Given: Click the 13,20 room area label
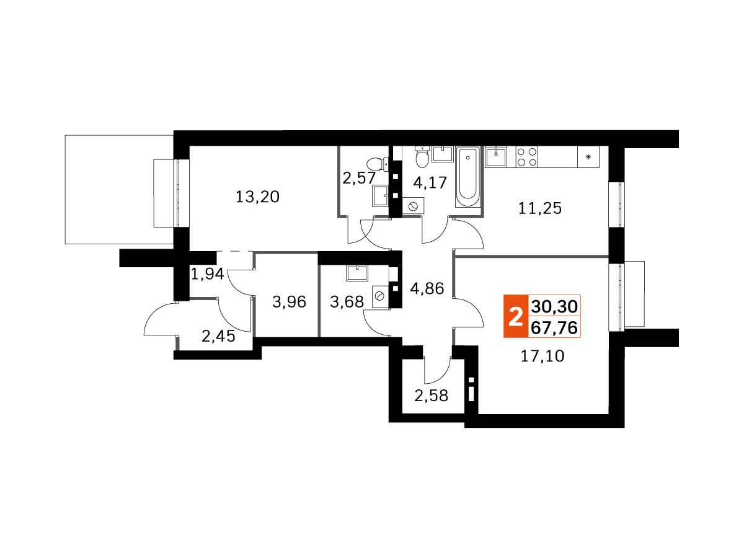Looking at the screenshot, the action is point(257,197).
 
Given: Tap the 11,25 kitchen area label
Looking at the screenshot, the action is point(540,208).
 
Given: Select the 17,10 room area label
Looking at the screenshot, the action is point(542,356).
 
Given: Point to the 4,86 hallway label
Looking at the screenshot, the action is point(427,289).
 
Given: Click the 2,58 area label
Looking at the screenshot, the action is point(431,396).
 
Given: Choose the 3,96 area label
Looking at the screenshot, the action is point(289,302).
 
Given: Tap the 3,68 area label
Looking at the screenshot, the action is point(347,302).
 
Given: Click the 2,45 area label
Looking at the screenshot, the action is point(218,337).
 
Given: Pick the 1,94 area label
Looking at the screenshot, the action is point(208,274).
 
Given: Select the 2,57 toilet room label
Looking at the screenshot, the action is point(358,178).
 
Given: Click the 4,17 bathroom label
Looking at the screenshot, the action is point(430,183).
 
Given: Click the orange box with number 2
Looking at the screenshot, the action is point(516,316).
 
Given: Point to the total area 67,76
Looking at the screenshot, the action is point(554,327).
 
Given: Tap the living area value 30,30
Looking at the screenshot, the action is point(554,307).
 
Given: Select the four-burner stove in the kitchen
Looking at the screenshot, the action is point(528,157).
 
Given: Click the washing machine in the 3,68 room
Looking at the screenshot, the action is point(380,297).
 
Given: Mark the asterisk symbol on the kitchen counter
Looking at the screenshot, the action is point(588,157).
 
